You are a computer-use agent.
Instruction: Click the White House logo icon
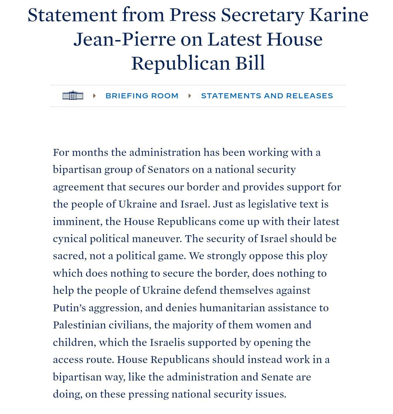point(73,95)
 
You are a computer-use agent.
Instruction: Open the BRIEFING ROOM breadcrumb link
point(142,96)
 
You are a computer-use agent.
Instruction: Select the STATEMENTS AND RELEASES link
point(267,96)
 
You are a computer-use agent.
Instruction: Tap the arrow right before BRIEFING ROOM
point(94,96)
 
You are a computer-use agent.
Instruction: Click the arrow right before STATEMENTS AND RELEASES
point(190,96)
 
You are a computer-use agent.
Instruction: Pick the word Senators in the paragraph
point(168,170)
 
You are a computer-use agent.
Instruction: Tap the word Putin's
point(69,308)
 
